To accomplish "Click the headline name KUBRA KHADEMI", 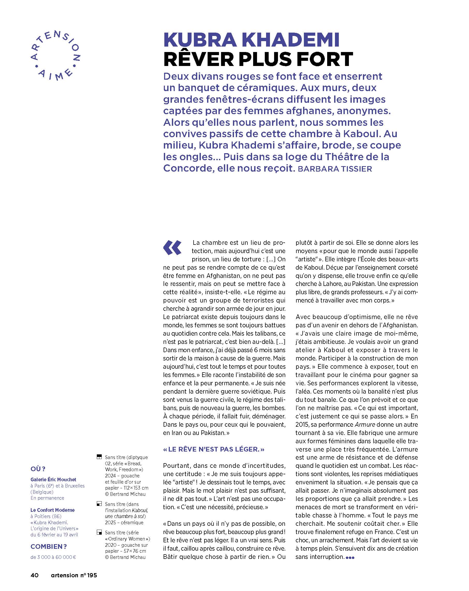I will (251, 40).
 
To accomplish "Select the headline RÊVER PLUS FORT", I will (258, 59).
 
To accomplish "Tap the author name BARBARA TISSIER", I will (335, 169).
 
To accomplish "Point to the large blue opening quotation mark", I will (172, 248).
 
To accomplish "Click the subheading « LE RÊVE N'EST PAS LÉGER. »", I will (214, 449).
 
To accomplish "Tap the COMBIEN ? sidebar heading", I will (49, 546).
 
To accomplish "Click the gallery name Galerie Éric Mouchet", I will (53, 479).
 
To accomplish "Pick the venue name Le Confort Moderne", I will (52, 510).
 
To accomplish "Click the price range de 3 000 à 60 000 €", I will (53, 557).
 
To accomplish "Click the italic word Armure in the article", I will (364, 425).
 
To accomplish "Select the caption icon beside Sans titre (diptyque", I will (99, 457).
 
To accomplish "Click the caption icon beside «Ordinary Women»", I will (99, 532).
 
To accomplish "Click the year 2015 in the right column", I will (302, 425).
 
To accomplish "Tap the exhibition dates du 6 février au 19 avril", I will (54, 535).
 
